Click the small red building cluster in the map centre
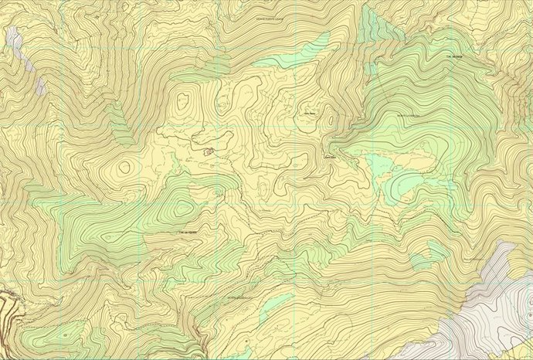209,152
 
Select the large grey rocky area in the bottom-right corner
494,309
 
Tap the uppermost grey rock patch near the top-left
12,36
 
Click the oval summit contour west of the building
124,167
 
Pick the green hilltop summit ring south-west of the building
182,208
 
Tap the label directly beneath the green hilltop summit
188,232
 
